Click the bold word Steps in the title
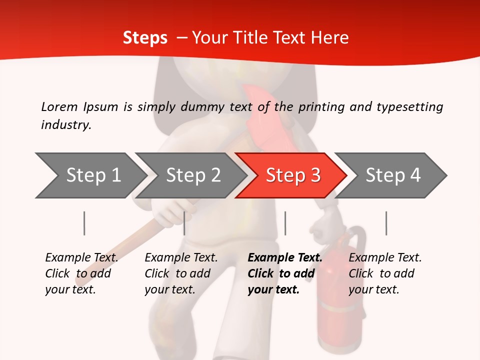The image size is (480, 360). click(x=145, y=38)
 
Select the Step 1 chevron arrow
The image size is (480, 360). click(x=90, y=175)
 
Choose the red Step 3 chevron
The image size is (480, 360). click(x=292, y=175)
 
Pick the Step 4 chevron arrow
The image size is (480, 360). click(x=393, y=175)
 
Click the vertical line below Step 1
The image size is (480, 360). click(x=84, y=223)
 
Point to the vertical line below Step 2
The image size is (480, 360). click(x=184, y=223)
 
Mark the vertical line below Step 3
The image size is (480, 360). click(x=285, y=223)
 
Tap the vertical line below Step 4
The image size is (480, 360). click(x=386, y=223)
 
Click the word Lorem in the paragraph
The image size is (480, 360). click(x=59, y=106)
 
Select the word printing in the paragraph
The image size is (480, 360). click(x=320, y=106)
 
